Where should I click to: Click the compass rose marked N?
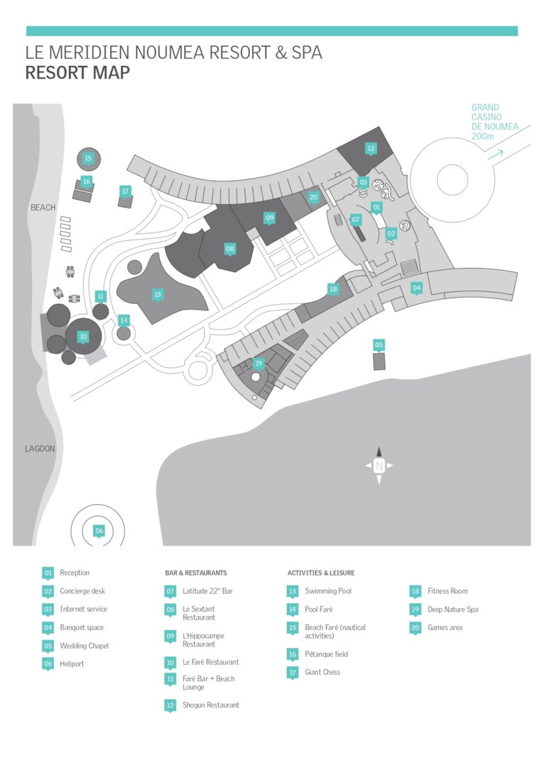(x=379, y=466)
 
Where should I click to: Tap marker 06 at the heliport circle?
(x=99, y=531)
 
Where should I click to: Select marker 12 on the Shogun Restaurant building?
(x=370, y=149)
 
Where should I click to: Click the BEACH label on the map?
(x=43, y=208)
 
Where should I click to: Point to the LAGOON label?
(x=40, y=449)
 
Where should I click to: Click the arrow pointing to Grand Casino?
(x=496, y=155)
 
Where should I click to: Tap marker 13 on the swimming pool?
(x=157, y=295)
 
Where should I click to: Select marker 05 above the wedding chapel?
(x=379, y=345)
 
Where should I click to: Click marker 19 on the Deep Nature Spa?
(x=259, y=364)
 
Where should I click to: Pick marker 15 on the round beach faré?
(x=89, y=159)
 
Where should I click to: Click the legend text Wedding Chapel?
(x=84, y=646)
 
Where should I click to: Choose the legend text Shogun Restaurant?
(x=211, y=705)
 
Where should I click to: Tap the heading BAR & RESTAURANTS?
(x=196, y=573)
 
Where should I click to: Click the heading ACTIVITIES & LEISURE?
(x=321, y=573)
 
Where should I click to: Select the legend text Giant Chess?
(x=322, y=672)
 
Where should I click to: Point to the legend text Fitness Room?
(x=448, y=591)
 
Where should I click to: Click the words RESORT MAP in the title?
(x=77, y=72)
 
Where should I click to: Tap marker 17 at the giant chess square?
(x=125, y=192)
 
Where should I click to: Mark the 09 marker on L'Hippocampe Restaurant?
(x=270, y=218)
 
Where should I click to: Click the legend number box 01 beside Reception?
(x=47, y=573)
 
